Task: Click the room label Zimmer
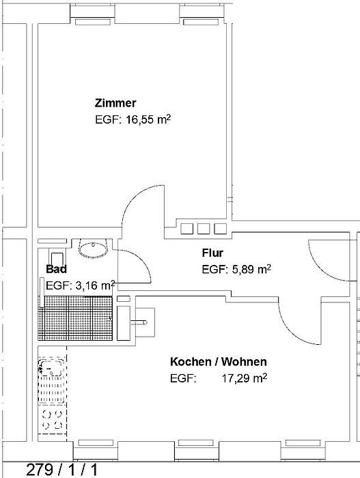pyautogui.click(x=115, y=103)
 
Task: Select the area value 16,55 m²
pyautogui.click(x=148, y=119)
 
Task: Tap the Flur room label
pyautogui.click(x=212, y=253)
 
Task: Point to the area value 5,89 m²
pyautogui.click(x=251, y=269)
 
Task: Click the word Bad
pyautogui.click(x=56, y=269)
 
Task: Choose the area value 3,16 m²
pyautogui.click(x=95, y=285)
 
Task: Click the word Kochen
pyautogui.click(x=191, y=362)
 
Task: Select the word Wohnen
pyautogui.click(x=244, y=362)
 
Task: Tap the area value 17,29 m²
pyautogui.click(x=245, y=378)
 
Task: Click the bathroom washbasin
pyautogui.click(x=94, y=248)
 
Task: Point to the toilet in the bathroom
pyautogui.click(x=57, y=259)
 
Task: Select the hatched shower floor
pyautogui.click(x=75, y=318)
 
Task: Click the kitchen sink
pyautogui.click(x=51, y=368)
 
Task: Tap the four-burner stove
pyautogui.click(x=52, y=419)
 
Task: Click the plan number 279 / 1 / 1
pyautogui.click(x=62, y=470)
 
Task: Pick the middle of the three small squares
pyautogui.click(x=204, y=229)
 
